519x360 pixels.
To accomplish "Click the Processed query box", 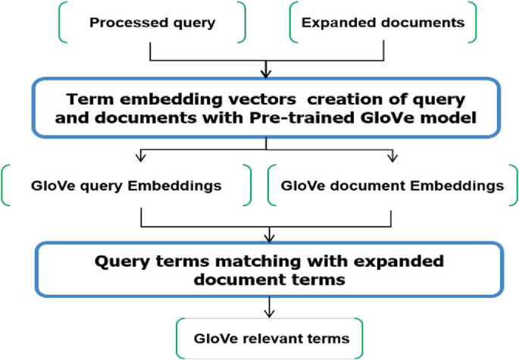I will coord(152,23).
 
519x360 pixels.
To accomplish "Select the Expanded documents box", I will coord(383,23).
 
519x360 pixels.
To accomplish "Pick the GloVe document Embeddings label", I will coord(392,186).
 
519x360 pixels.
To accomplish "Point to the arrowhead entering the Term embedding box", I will coord(265,74).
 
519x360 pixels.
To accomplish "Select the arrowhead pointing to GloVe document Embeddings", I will coord(392,157).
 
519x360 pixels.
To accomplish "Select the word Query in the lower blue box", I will coord(125,261).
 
